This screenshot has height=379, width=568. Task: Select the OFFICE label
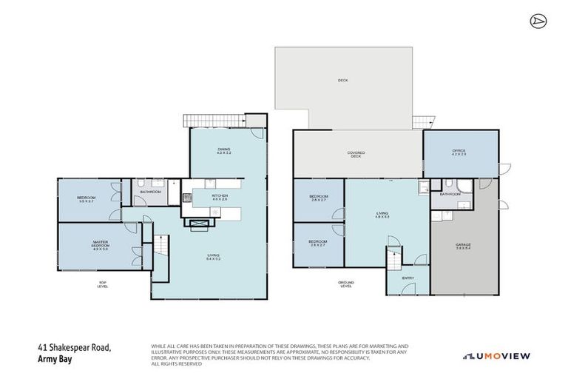click(x=459, y=152)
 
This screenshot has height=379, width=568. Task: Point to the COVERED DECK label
click(x=356, y=154)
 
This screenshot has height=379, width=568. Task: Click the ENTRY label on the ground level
click(x=407, y=278)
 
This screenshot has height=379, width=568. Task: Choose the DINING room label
click(x=224, y=151)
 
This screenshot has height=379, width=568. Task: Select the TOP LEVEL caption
click(x=102, y=284)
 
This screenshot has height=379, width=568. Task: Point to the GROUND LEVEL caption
click(x=346, y=284)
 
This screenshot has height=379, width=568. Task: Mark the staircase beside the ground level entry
click(x=393, y=260)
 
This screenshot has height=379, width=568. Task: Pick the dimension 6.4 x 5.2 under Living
click(x=214, y=259)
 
